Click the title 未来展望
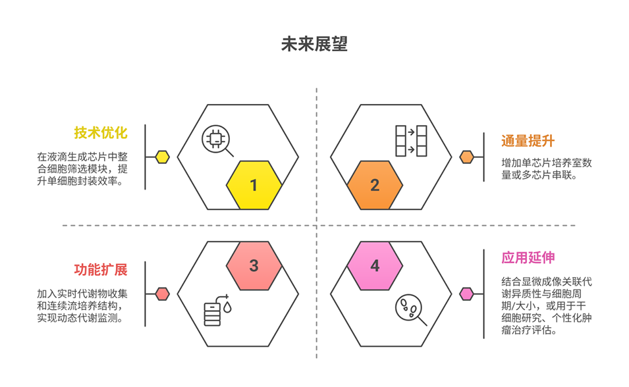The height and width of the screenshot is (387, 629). [314, 44]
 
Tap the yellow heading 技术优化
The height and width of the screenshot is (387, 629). [100, 133]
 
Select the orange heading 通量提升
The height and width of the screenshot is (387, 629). [528, 140]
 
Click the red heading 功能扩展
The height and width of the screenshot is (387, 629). [100, 270]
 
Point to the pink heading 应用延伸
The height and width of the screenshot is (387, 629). [528, 257]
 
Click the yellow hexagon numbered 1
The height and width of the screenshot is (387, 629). [254, 185]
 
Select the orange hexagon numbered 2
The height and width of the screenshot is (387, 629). [375, 185]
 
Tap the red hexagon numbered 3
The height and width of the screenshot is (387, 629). [254, 266]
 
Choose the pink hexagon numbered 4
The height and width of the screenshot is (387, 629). [375, 266]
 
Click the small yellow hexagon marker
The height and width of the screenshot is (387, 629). [162, 157]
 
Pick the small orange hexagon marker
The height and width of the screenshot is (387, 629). [467, 157]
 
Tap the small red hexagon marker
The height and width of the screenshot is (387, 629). [162, 294]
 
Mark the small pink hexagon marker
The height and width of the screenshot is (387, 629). [467, 294]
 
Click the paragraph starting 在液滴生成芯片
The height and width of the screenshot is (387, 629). [82, 169]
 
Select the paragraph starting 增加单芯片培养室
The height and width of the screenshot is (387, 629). [547, 169]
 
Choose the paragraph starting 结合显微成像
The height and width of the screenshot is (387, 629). [547, 306]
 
